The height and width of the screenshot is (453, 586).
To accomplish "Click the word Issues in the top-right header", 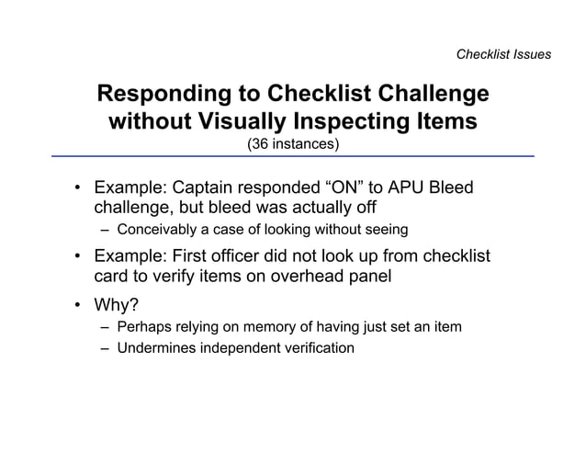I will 531,54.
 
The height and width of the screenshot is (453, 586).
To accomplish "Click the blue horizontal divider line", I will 293,157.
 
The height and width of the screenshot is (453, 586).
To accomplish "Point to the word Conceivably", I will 155,229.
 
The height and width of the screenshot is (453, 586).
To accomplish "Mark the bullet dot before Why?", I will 79,306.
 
